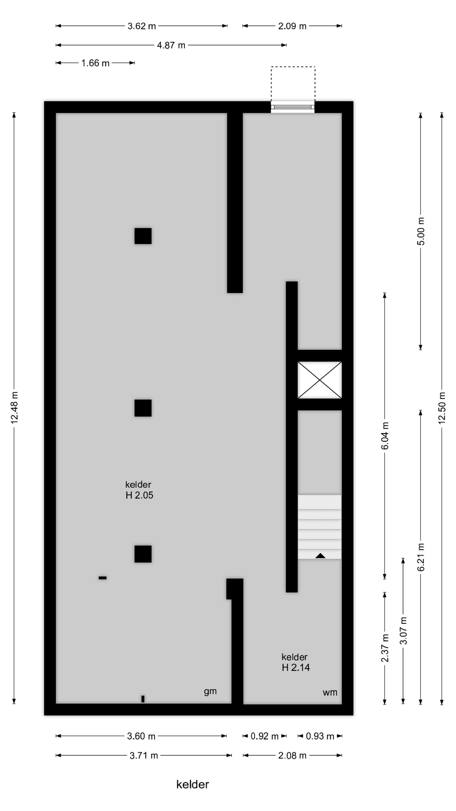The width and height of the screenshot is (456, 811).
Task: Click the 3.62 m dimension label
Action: [142, 26]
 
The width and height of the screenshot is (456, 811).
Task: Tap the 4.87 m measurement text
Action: [171, 45]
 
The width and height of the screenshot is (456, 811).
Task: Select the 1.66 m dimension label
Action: [95, 63]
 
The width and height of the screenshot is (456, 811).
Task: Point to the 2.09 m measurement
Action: [292, 26]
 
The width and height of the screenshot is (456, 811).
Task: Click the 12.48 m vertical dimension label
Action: [14, 408]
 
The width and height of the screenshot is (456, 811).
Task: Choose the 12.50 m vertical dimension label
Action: [442, 408]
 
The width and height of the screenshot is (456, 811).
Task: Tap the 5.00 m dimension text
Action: [421, 231]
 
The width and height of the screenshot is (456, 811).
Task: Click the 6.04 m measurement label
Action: [385, 436]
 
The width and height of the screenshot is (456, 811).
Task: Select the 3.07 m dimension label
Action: [404, 631]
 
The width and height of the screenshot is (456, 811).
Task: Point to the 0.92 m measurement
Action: [265, 736]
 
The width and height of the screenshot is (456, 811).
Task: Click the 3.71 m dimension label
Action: [144, 755]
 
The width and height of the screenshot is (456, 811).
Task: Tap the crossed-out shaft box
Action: [320, 380]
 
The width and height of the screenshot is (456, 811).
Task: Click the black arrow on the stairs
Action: [320, 555]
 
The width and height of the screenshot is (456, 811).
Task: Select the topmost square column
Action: [143, 236]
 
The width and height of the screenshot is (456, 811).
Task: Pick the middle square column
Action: [143, 408]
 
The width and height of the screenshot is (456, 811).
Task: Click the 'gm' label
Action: [210, 691]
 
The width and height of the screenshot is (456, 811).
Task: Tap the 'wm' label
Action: [330, 692]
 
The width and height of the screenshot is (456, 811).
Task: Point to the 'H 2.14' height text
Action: [296, 667]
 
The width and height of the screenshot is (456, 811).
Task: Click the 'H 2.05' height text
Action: [139, 495]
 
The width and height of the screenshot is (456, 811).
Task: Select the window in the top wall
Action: [293, 107]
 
